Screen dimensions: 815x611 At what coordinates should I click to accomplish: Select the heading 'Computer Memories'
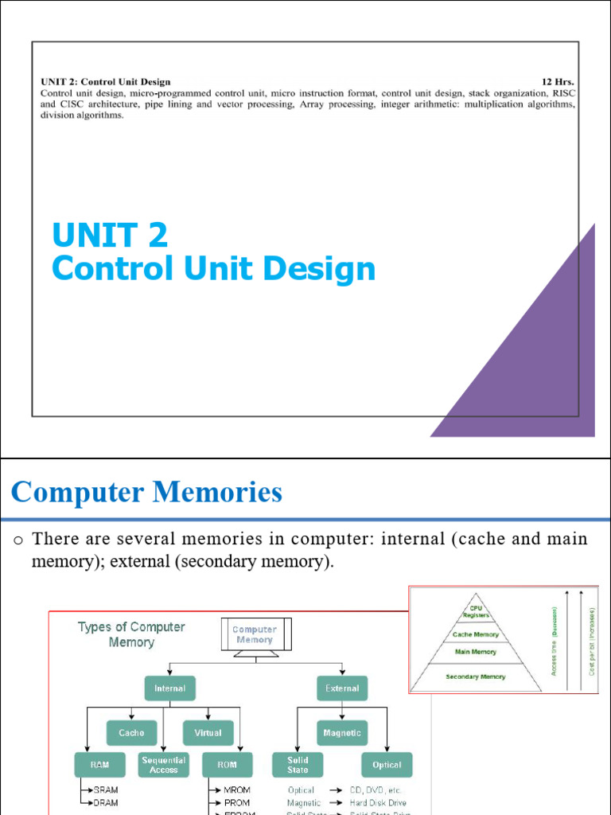(x=147, y=493)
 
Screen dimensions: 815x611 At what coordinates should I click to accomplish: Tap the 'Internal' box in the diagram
(x=169, y=688)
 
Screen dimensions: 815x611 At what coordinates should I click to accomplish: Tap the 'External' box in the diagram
(x=342, y=688)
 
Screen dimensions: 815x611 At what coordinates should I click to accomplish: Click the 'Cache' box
(x=131, y=732)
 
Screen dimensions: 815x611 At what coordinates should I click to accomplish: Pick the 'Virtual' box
(x=208, y=732)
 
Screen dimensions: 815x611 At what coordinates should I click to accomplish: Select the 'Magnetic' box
(x=342, y=732)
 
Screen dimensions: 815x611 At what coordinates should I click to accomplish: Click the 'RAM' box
(x=99, y=765)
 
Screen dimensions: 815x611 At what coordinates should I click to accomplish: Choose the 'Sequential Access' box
(x=163, y=765)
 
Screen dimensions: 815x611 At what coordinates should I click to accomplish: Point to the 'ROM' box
(x=227, y=765)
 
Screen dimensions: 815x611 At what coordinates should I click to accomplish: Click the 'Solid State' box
(x=298, y=765)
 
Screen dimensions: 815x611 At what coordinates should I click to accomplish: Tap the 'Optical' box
(x=387, y=765)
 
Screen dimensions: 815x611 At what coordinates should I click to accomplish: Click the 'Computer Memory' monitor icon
(x=255, y=636)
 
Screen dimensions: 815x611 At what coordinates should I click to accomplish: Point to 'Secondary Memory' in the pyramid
(x=476, y=677)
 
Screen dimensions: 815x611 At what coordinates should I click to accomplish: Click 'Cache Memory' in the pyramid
(x=476, y=634)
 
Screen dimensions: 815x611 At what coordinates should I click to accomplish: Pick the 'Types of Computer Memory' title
(x=131, y=634)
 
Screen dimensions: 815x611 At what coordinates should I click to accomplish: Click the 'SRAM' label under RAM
(x=106, y=791)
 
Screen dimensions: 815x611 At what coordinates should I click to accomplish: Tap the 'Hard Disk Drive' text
(x=378, y=803)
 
